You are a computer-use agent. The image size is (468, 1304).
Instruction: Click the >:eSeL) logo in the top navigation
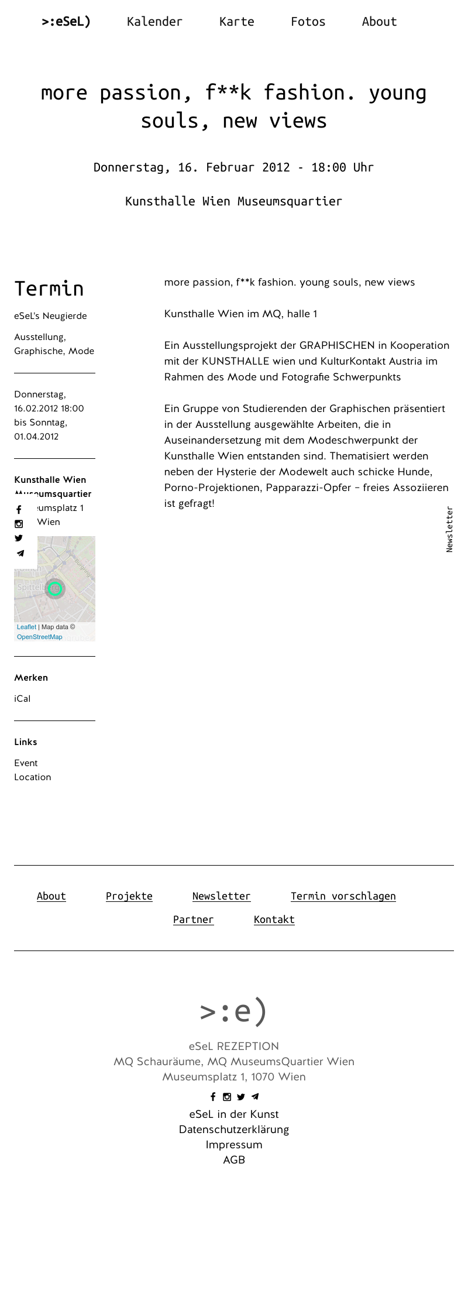[66, 22]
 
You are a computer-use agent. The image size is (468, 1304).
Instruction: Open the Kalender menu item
[154, 22]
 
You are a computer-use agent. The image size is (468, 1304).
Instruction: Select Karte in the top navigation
[236, 22]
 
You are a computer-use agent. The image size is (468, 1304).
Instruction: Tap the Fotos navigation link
[308, 22]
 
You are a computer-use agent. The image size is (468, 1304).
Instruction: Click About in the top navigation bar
[379, 22]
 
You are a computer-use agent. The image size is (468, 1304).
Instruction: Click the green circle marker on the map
[55, 589]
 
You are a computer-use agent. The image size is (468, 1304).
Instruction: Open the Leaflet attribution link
[26, 627]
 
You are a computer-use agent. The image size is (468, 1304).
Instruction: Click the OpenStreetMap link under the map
[39, 637]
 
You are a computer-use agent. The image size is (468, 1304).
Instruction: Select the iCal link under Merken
[22, 699]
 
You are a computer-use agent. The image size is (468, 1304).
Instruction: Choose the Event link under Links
[26, 763]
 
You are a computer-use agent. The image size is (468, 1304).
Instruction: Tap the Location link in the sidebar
[33, 777]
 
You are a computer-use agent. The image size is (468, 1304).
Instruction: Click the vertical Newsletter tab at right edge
[449, 529]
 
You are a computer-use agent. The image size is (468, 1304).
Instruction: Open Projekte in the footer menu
[129, 896]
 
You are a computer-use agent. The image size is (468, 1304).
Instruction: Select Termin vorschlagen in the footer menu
[343, 896]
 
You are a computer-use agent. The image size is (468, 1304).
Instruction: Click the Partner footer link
[193, 919]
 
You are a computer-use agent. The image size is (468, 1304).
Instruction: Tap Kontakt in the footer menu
[274, 919]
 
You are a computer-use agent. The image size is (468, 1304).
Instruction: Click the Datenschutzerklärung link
[234, 1130]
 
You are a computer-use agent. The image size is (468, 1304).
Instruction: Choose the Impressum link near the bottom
[234, 1145]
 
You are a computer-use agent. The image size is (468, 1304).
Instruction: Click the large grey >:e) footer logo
[233, 1011]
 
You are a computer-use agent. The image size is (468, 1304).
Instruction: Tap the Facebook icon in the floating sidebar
[19, 510]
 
